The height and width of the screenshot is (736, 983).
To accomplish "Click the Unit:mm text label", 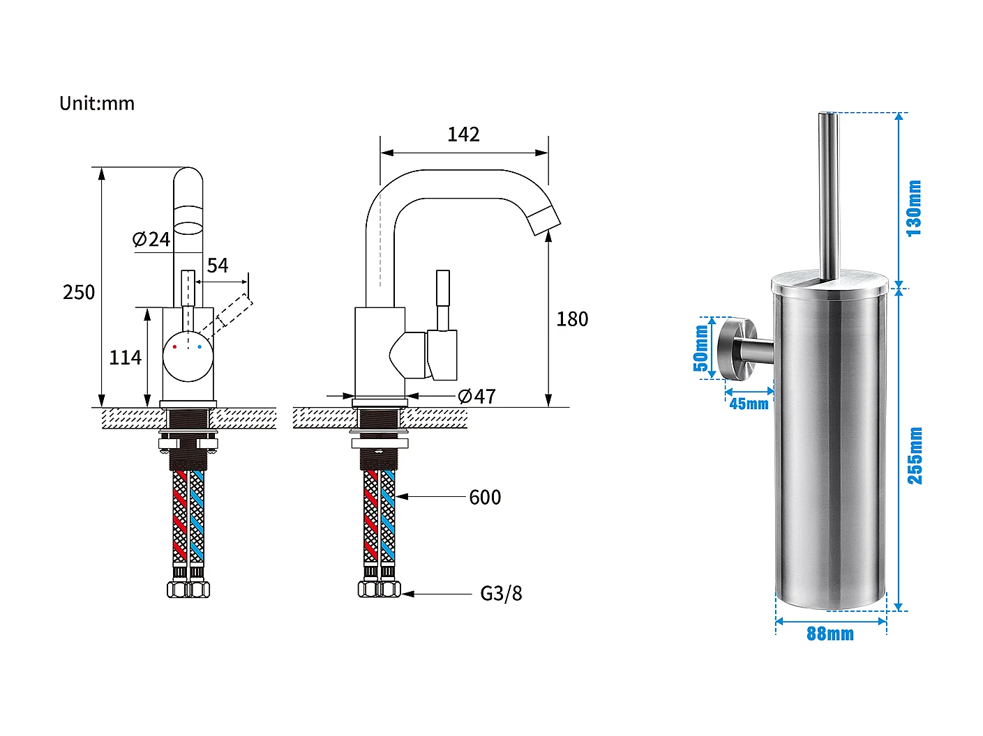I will pos(97,104).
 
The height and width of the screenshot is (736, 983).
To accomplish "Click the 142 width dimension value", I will pos(463,135).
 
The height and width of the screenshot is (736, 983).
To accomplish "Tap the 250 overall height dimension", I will pos(79,292).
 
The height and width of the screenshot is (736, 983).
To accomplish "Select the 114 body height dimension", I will pos(126,358).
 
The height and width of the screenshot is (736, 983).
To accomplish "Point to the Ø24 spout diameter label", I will pos(151,240).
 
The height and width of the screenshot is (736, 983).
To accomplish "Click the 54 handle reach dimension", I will pos(218,266).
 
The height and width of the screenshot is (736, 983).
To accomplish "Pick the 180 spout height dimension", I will pos(572,319).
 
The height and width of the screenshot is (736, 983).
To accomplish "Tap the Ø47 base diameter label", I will pos(477,397).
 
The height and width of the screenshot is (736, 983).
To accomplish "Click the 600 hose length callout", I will pos(485,498).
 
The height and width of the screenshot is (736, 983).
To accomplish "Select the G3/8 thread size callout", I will pos(501,594).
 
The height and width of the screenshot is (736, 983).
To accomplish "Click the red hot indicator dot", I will pos(174,346).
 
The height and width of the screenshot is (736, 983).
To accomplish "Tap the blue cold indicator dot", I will pos(200,346).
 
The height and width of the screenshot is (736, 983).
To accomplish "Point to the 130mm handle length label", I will pos(914,208).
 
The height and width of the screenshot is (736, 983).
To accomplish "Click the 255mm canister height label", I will pos(915,456).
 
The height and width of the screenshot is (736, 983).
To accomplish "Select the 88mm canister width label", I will pos(830,634).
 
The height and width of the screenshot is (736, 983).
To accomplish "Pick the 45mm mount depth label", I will pos(749,404).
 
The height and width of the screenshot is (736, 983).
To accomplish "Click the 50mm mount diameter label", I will pos(701,348).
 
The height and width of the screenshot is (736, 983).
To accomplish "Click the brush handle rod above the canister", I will pos(829,195).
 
